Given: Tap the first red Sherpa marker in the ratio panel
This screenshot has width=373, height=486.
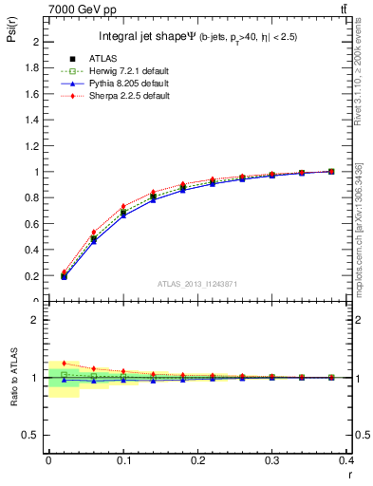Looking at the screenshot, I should (x=64, y=363).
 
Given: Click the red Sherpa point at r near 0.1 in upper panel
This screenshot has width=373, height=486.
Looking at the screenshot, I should (x=123, y=206).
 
